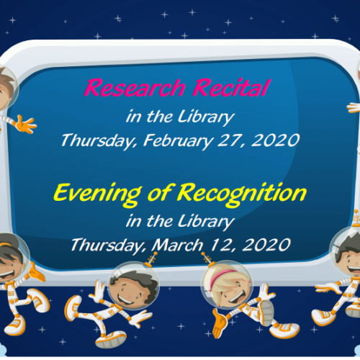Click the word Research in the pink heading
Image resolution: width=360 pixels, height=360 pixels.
coord(135,88)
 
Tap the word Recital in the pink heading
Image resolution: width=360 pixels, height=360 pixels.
coord(232,88)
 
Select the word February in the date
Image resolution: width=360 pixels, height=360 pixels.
coord(178,141)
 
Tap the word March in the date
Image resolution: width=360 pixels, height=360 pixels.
coord(178,245)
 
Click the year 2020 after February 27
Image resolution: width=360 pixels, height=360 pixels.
coord(275,140)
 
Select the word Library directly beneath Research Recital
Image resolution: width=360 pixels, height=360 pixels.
coord(206,117)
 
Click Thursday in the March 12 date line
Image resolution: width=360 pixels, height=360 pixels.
coord(108,246)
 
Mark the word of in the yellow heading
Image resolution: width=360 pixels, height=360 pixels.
coord(160,193)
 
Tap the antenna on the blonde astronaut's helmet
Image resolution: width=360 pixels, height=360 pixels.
coord(208,259)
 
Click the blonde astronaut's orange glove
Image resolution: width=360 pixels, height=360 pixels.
coord(220,323)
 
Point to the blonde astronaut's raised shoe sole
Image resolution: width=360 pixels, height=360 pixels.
coord(268,312)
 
